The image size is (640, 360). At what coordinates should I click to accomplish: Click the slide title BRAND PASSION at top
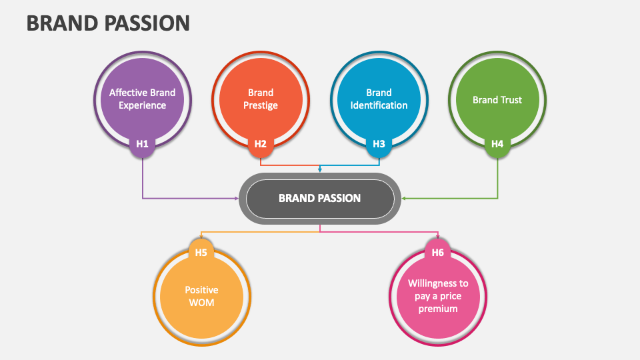pyautogui.click(x=108, y=23)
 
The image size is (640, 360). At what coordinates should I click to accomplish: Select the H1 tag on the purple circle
pyautogui.click(x=142, y=143)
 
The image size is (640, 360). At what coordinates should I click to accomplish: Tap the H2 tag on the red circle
pyautogui.click(x=260, y=143)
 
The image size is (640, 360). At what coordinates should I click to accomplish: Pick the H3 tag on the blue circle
pyautogui.click(x=379, y=143)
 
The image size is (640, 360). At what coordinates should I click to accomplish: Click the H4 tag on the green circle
pyautogui.click(x=497, y=143)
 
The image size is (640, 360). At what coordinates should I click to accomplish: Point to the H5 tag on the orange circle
pyautogui.click(x=201, y=253)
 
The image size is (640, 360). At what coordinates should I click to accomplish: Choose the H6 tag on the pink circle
pyautogui.click(x=437, y=253)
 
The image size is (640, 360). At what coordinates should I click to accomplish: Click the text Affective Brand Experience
pyautogui.click(x=142, y=99)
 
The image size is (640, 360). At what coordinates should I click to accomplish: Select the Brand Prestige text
pyautogui.click(x=260, y=99)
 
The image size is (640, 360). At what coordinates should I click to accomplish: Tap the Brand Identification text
pyautogui.click(x=379, y=99)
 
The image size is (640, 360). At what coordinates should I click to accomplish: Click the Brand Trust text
pyautogui.click(x=497, y=100)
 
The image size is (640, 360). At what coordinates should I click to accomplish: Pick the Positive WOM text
pyautogui.click(x=201, y=296)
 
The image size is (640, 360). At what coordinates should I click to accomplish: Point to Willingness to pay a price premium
pyautogui.click(x=438, y=296)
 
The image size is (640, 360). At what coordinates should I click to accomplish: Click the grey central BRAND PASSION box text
pyautogui.click(x=319, y=198)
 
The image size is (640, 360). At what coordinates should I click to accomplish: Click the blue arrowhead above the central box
pyautogui.click(x=320, y=170)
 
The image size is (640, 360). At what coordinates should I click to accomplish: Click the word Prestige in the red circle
pyautogui.click(x=260, y=105)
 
